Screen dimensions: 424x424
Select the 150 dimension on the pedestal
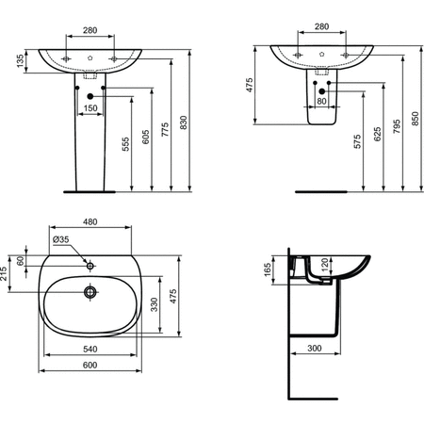tap(90, 108)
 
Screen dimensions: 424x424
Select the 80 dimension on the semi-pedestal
tap(321, 101)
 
